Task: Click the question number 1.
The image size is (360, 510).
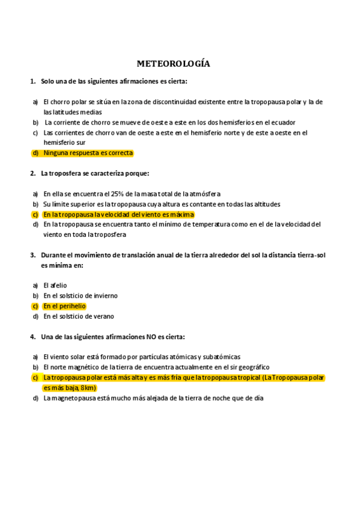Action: (32, 81)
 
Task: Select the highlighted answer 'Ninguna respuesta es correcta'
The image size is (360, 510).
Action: (88, 153)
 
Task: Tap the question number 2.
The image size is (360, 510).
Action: (32, 173)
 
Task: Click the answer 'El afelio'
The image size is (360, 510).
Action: (55, 285)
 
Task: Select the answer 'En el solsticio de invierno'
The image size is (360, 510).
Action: (81, 295)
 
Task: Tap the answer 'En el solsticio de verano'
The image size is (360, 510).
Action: (79, 316)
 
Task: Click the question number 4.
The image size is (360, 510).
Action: (32, 336)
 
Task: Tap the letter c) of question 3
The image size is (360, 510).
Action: (35, 306)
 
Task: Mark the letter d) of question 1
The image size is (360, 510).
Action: (35, 153)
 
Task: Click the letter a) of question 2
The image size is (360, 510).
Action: (35, 194)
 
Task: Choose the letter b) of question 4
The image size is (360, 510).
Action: (35, 367)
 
